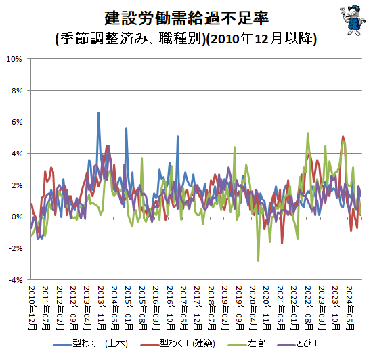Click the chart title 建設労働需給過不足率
pyautogui.click(x=187, y=18)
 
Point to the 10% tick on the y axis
pyautogui.click(x=14, y=59)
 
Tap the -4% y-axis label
pyautogui.click(x=16, y=280)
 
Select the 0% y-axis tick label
pyautogui.click(x=17, y=217)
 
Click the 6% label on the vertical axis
pyautogui.click(x=17, y=122)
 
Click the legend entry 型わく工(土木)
pyautogui.click(x=91, y=344)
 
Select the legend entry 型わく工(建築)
pyautogui.click(x=177, y=344)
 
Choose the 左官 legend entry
pyautogui.click(x=246, y=344)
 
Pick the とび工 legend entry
pyautogui.click(x=299, y=344)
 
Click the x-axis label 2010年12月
pyautogui.click(x=32, y=308)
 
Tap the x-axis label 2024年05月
pyautogui.click(x=350, y=308)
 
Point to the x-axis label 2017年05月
pyautogui.click(x=184, y=308)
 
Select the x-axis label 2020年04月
pyautogui.click(x=253, y=308)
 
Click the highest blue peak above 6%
pyautogui.click(x=98, y=112)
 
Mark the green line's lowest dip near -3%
pyautogui.click(x=259, y=261)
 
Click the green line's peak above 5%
pyautogui.click(x=308, y=133)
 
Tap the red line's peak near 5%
pyautogui.click(x=343, y=136)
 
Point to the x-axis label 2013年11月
pyautogui.click(x=101, y=308)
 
